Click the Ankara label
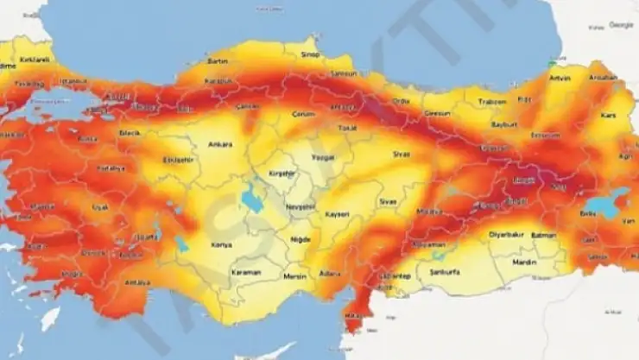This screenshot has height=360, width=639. pos(220,144)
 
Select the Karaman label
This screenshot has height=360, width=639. pos(246,272)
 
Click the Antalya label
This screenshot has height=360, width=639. pos(138,282)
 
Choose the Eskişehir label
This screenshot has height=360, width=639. pos(178,160)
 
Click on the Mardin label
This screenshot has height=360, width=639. pos(524,261)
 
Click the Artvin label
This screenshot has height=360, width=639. pos(560,79)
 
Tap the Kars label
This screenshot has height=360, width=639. pos(607,116)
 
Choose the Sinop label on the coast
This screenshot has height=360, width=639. pos(310,54)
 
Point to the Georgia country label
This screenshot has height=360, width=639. pos(621,25)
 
